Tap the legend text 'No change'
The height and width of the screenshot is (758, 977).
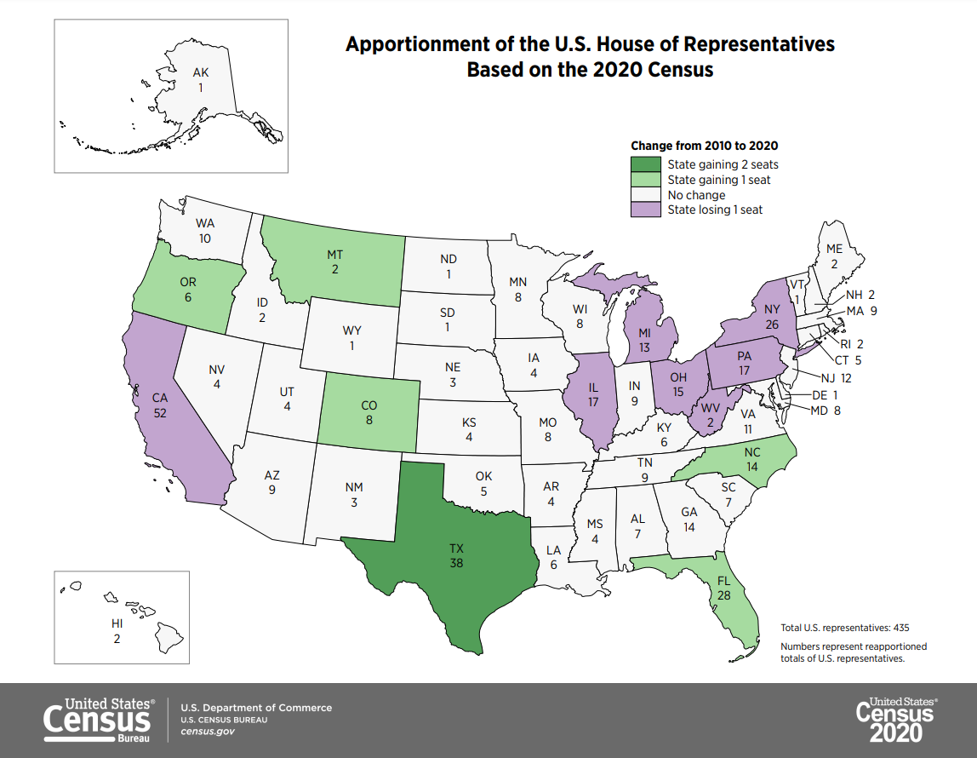coord(696,195)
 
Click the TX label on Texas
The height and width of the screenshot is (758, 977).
coord(457,548)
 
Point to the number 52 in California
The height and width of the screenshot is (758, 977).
coord(159,412)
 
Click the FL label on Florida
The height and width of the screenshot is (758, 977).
coord(723,580)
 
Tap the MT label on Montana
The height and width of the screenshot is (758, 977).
coord(335,255)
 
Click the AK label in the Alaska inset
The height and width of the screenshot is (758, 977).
coord(200,72)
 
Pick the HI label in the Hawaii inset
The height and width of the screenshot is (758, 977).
coord(117,623)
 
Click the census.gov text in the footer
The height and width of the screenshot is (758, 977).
coord(202,732)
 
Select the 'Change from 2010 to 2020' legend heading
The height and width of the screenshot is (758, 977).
coord(704,146)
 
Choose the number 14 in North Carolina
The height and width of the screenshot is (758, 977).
coord(751,468)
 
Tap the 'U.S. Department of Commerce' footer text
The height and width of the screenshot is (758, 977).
coord(256,708)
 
